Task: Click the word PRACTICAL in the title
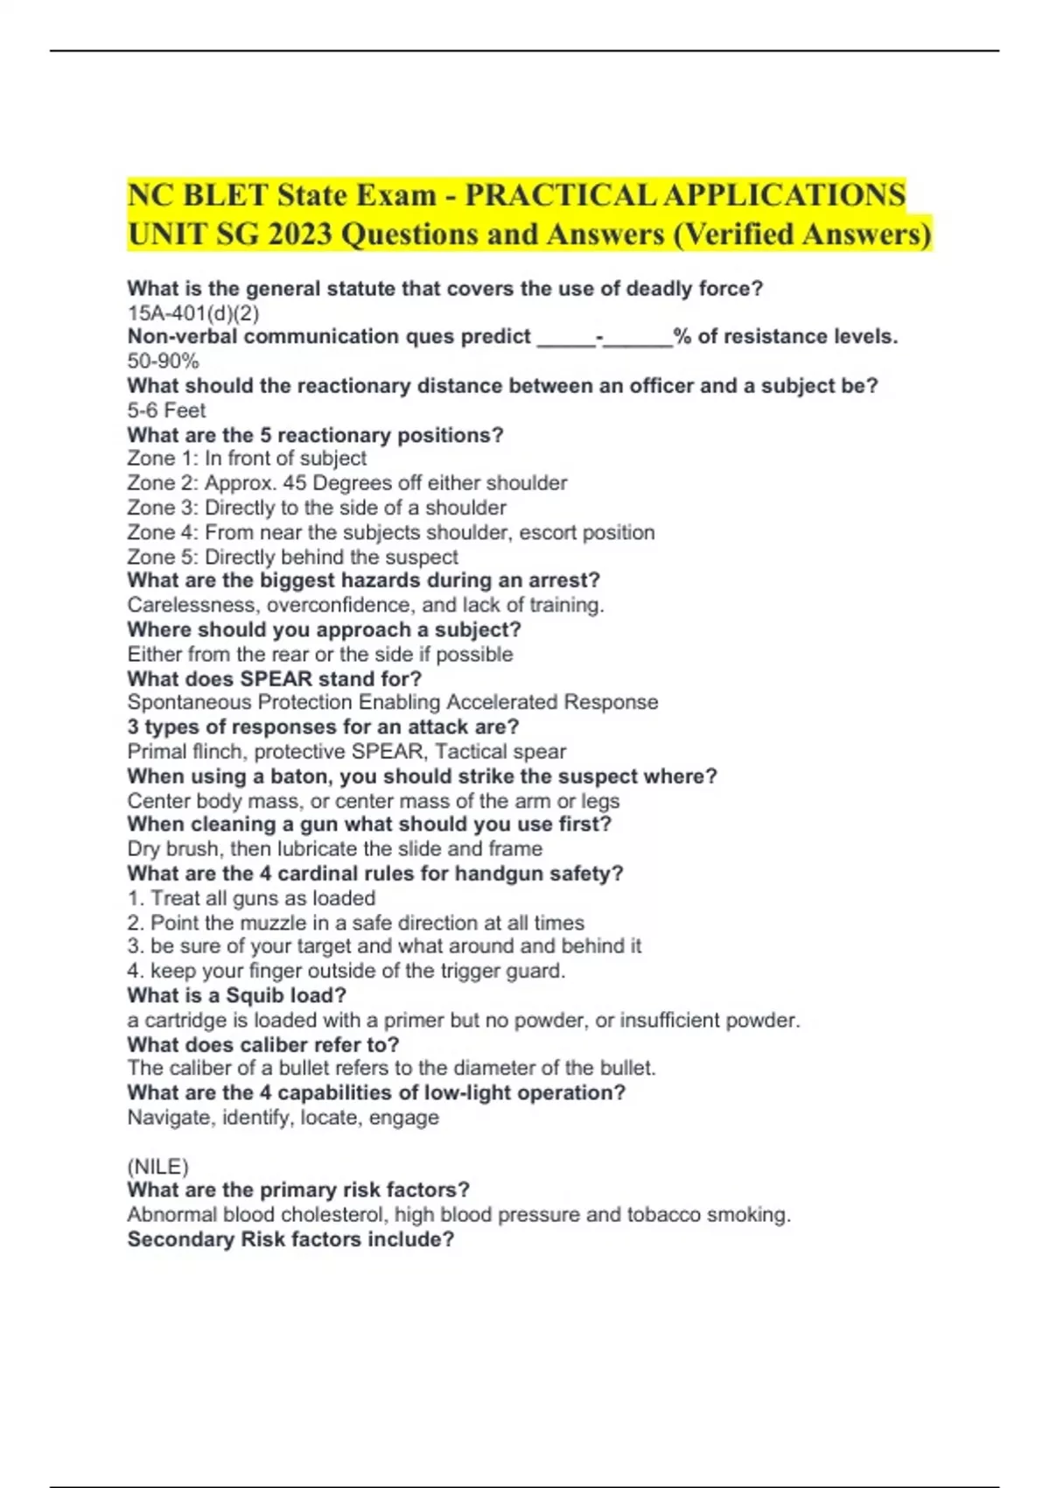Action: tap(561, 194)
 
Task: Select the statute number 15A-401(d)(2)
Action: tap(193, 312)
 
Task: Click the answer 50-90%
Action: tap(164, 361)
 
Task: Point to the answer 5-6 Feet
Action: tap(166, 410)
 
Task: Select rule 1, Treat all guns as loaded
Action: tap(252, 898)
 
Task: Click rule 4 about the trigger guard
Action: tap(346, 971)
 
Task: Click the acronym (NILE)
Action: tap(157, 1167)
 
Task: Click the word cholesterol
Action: tap(333, 1215)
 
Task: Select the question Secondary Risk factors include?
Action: tap(290, 1239)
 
